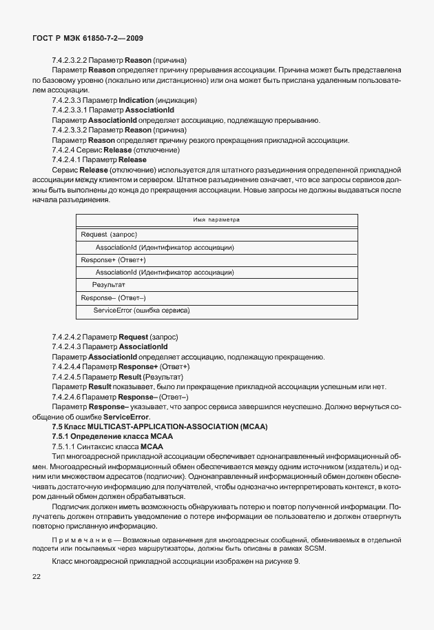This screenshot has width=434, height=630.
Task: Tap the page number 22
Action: coord(36,577)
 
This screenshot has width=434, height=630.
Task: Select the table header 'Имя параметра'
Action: coord(216,220)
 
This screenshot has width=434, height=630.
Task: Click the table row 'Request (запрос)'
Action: coord(109,235)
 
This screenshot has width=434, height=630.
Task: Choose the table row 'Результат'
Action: coord(108,284)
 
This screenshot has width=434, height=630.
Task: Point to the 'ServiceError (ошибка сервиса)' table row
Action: coord(142,311)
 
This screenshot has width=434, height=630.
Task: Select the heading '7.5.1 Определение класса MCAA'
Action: coord(112,436)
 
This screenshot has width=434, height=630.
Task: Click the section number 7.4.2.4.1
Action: coord(68,159)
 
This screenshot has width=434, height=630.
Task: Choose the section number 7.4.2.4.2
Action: coord(68,337)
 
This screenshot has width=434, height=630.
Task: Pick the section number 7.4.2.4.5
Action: coord(68,377)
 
